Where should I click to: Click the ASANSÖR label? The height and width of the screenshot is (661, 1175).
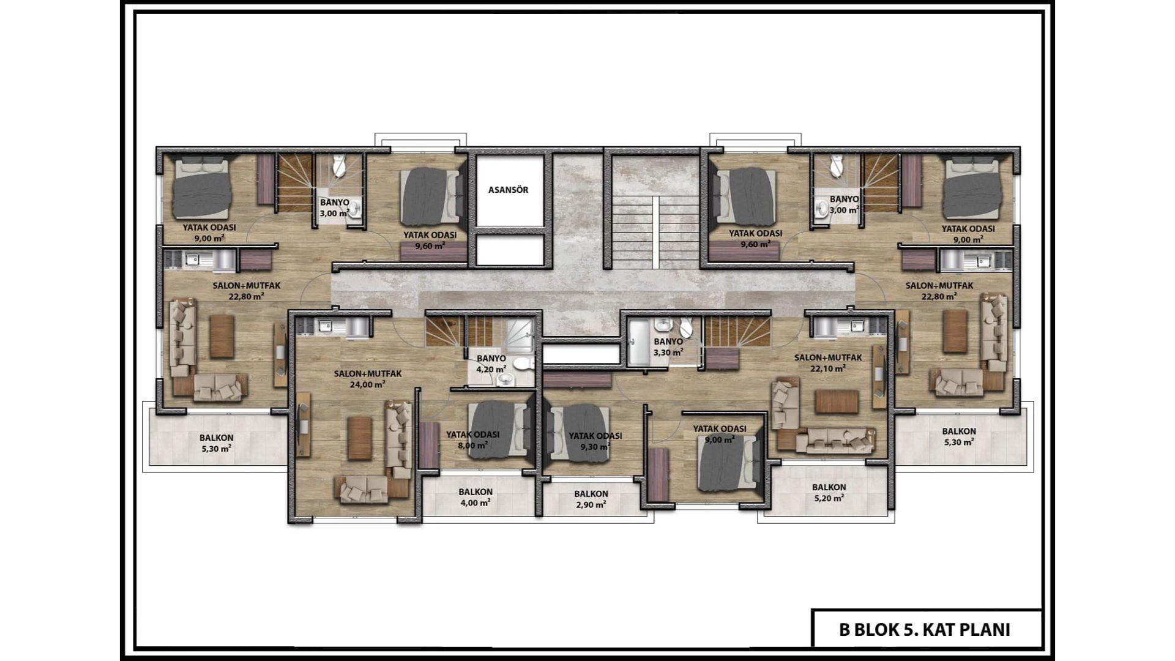508,190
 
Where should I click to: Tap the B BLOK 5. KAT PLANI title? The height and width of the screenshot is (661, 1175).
925,630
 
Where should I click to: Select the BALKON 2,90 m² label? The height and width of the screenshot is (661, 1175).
591,499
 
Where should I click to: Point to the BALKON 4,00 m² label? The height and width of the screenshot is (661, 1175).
476,498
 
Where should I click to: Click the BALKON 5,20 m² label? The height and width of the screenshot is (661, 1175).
829,493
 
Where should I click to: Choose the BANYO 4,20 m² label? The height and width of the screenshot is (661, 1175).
491,364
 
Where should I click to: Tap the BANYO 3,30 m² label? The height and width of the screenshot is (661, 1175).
668,347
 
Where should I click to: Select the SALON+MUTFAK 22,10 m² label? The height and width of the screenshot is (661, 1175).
828,363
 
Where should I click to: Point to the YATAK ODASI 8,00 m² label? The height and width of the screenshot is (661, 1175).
472,439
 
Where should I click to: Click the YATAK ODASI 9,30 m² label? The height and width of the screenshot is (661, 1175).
595,441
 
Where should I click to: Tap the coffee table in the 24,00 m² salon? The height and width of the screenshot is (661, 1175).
360,438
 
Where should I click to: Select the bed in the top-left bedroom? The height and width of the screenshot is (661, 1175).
201,187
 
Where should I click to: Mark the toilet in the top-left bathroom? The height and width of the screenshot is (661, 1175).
340,165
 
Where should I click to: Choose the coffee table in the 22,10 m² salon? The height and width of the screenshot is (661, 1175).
837,401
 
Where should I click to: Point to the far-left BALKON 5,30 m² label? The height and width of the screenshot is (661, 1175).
216,443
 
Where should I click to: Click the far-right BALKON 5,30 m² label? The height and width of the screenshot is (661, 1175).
959,436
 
